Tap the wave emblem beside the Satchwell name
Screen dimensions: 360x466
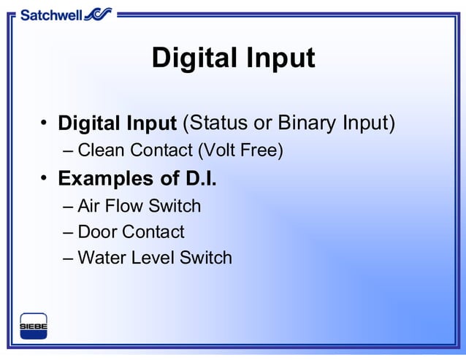98,14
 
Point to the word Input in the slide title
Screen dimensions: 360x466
281,58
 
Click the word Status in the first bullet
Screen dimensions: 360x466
220,123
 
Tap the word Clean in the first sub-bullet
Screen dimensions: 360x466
102,151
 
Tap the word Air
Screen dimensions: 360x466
89,207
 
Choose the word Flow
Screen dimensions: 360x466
124,207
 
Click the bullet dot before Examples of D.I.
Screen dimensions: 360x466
45,177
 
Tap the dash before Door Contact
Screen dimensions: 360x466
68,233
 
